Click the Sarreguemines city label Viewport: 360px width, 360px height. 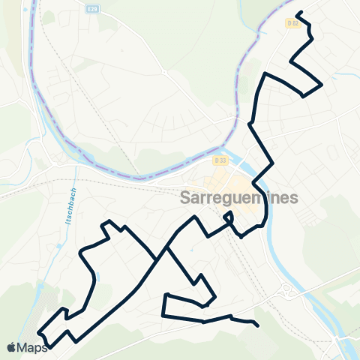239,198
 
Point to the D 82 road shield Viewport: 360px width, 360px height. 293,23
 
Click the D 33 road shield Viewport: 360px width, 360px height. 219,160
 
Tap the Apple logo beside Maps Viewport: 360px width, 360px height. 11,348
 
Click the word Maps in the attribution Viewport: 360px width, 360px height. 32,348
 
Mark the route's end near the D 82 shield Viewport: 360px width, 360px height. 299,13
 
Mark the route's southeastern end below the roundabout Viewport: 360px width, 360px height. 258,325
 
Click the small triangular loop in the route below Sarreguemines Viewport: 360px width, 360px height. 228,217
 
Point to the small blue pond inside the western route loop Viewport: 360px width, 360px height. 96,278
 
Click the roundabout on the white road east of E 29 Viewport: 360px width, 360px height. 162,72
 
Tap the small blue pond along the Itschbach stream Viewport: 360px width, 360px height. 58,245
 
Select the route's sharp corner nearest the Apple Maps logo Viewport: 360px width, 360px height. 47,346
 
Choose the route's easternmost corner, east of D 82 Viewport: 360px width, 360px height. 322,85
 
